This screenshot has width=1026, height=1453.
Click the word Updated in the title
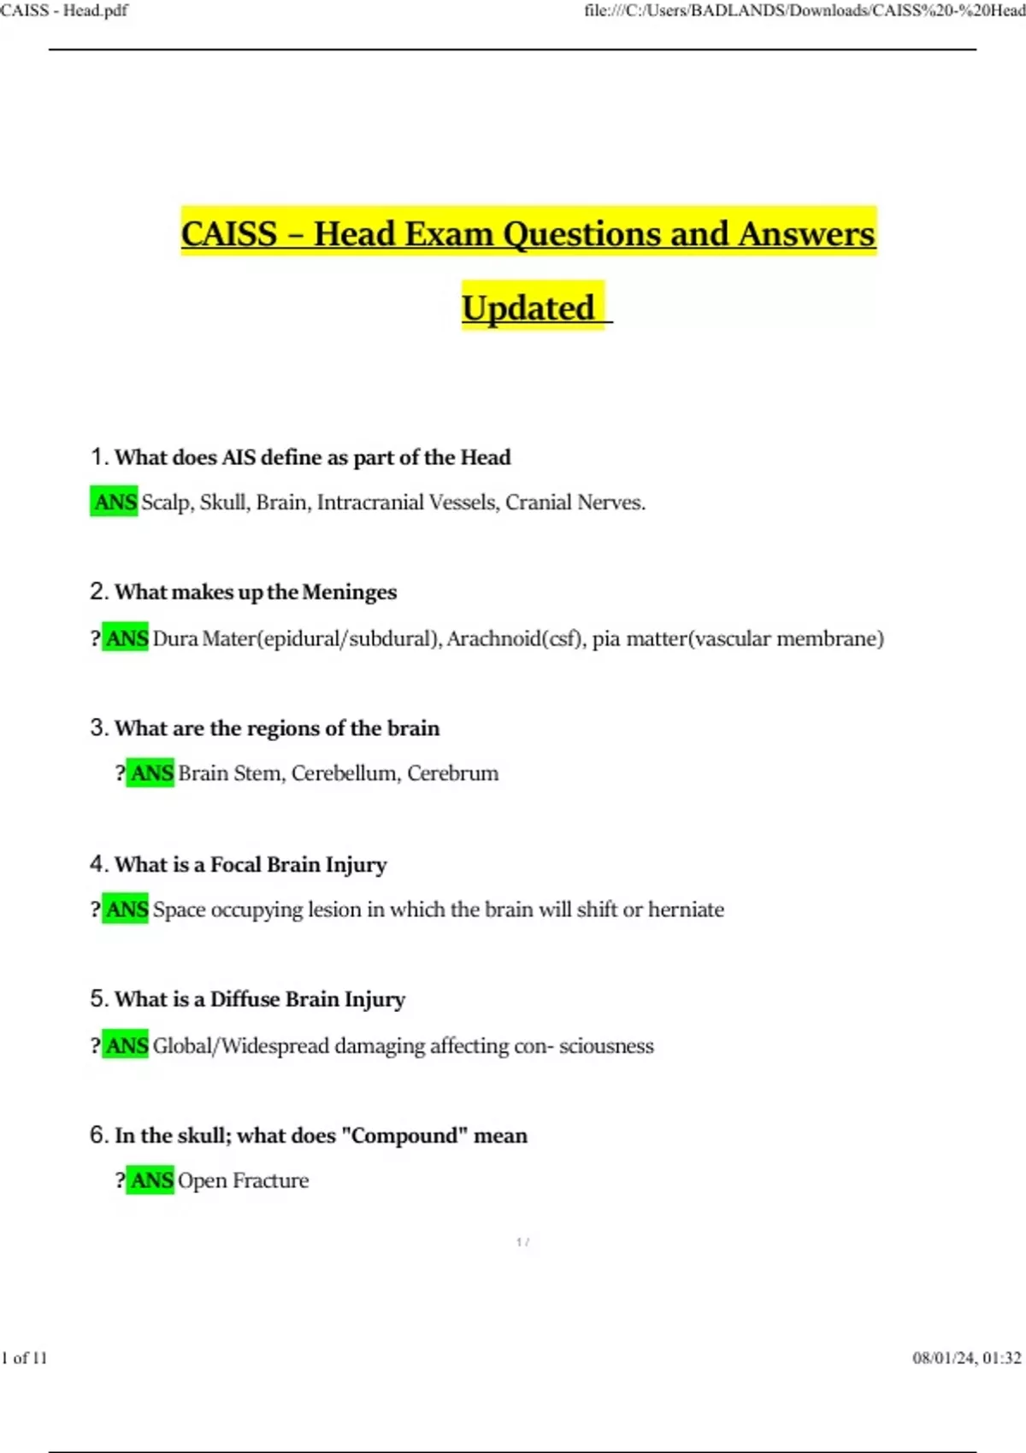[528, 308]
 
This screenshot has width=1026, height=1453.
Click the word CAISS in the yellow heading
[229, 233]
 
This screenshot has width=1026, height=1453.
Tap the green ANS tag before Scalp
[114, 502]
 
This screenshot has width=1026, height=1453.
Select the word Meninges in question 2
[349, 591]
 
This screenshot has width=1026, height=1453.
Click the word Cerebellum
[345, 773]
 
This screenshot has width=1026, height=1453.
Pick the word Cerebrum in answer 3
[452, 773]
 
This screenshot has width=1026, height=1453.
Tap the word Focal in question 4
[236, 864]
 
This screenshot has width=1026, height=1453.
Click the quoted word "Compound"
[404, 1135]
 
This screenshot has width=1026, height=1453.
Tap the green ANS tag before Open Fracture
[150, 1180]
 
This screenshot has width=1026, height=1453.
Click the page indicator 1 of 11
[24, 1358]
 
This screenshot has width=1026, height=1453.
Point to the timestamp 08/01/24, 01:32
[966, 1358]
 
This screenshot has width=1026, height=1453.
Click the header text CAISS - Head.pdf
[64, 10]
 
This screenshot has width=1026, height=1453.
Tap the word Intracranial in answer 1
[369, 502]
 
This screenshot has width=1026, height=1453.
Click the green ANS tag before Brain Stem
[150, 773]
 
